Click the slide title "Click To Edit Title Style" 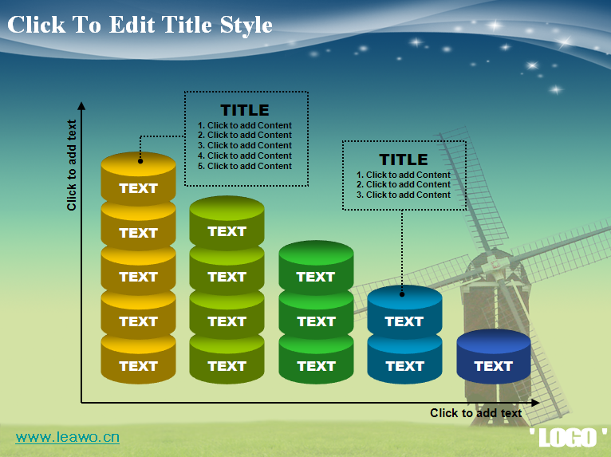click(x=140, y=26)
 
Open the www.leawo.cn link click(x=68, y=437)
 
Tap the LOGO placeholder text click(x=568, y=438)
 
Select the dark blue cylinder click(x=493, y=356)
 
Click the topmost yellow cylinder click(x=138, y=179)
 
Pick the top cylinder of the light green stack click(x=227, y=223)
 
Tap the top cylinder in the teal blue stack click(x=404, y=312)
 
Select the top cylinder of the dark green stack click(x=316, y=267)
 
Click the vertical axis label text click(x=71, y=165)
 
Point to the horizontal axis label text click(x=475, y=413)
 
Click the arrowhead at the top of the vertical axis click(x=81, y=106)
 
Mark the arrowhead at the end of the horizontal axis click(x=535, y=403)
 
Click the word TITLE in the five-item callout click(x=245, y=110)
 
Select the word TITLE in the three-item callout click(x=404, y=160)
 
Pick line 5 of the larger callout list click(x=245, y=167)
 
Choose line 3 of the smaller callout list click(x=404, y=195)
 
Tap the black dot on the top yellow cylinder click(x=140, y=161)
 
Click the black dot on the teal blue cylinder click(x=402, y=294)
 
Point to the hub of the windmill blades click(x=495, y=265)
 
